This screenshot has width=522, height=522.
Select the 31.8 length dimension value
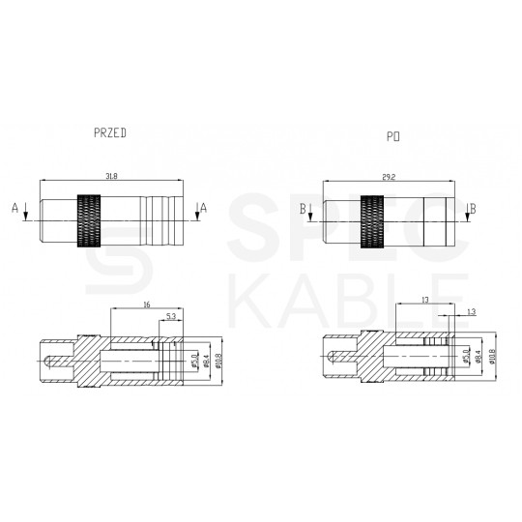110,175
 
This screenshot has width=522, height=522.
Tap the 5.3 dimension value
171,316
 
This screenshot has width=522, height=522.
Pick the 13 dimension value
424,302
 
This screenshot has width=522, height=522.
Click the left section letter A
14,207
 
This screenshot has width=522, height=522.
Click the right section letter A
203,207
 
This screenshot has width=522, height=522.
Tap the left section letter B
303,207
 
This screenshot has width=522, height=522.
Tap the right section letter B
471,207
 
